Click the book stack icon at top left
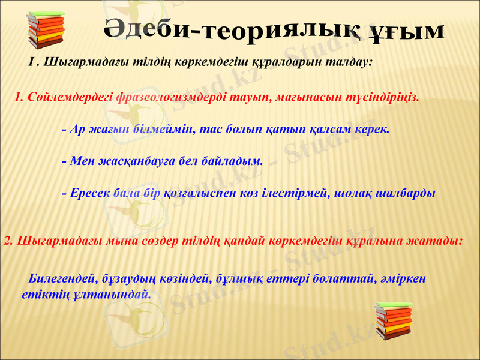[46, 31]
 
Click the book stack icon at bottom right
[392, 321]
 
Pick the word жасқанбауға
[124, 161]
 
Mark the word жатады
[439, 241]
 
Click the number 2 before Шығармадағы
[7, 241]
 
